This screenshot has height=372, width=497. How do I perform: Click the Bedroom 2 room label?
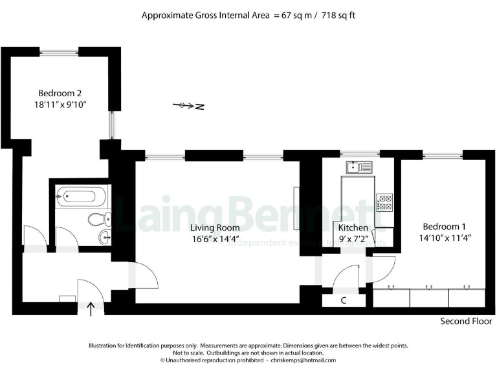tap(60, 92)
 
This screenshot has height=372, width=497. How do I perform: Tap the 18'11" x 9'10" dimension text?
tap(60, 104)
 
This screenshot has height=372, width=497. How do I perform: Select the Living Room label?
tap(215, 227)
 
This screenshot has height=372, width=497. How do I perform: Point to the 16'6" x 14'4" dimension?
tap(215, 239)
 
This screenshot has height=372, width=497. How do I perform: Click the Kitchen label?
tap(353, 228)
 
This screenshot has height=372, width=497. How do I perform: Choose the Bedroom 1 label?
tap(444, 226)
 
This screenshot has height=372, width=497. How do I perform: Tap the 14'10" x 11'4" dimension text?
tap(444, 238)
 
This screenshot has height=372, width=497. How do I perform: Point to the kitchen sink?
tap(359, 168)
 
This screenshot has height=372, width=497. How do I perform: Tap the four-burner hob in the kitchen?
tap(384, 203)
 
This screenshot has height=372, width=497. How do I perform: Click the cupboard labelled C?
tap(343, 300)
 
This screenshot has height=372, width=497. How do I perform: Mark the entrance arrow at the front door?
tap(91, 309)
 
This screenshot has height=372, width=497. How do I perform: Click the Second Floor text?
tap(466, 321)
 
